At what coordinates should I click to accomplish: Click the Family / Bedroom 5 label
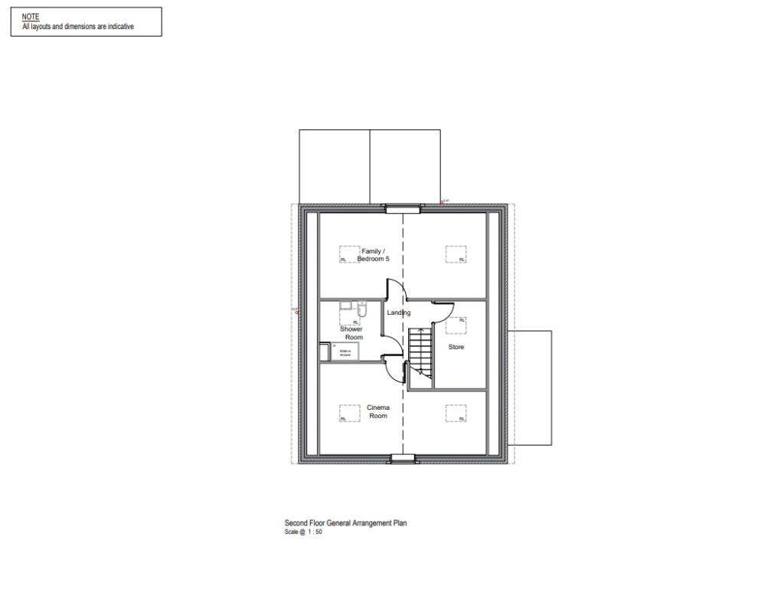tap(373, 255)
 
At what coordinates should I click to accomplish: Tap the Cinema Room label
tap(378, 411)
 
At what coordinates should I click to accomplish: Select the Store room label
tap(456, 347)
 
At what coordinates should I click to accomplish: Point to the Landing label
tap(398, 312)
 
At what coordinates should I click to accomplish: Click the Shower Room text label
tap(351, 333)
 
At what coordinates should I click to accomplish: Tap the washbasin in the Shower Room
tap(346, 306)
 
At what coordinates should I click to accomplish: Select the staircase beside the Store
tap(420, 352)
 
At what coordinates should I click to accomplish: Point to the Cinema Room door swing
tap(395, 371)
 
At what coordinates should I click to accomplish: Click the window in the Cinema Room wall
tap(403, 459)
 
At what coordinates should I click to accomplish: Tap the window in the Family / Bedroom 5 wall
tap(403, 208)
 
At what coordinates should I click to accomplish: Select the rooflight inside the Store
tap(456, 326)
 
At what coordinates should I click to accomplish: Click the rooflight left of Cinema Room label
tap(350, 414)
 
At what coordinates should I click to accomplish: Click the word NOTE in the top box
tap(31, 16)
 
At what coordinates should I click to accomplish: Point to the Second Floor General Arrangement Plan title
tap(345, 523)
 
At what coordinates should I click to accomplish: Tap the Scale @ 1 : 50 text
tap(303, 532)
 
